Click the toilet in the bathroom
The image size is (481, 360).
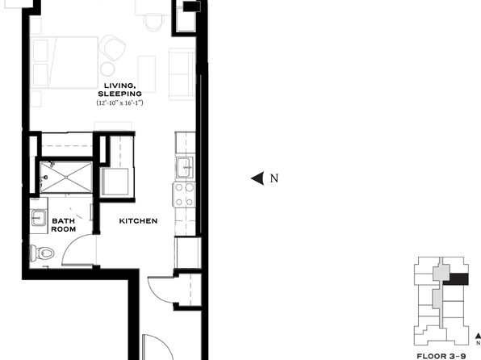pyautogui.click(x=41, y=253)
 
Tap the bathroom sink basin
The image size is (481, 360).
pyautogui.click(x=39, y=218)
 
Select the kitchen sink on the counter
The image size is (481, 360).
pyautogui.click(x=185, y=167)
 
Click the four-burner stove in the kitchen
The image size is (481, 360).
pyautogui.click(x=184, y=195)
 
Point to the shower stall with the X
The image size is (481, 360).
pyautogui.click(x=66, y=178)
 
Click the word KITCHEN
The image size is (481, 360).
pyautogui.click(x=138, y=221)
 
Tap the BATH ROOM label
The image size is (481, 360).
pyautogui.click(x=64, y=225)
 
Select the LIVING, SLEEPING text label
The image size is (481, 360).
pyautogui.click(x=120, y=90)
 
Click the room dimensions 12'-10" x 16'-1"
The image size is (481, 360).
pyautogui.click(x=120, y=103)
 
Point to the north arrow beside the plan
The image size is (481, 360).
pyautogui.click(x=257, y=178)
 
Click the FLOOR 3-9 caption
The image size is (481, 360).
pyautogui.click(x=441, y=356)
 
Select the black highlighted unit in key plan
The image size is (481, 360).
pyautogui.click(x=459, y=279)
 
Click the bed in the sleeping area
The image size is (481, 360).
pyautogui.click(x=65, y=63)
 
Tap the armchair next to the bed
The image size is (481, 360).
pyautogui.click(x=112, y=48)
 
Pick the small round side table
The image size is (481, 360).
pyautogui.click(x=107, y=69)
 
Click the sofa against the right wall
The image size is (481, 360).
pyautogui.click(x=182, y=73)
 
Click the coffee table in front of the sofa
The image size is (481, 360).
pyautogui.click(x=146, y=74)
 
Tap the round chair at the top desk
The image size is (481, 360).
pyautogui.click(x=153, y=22)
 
